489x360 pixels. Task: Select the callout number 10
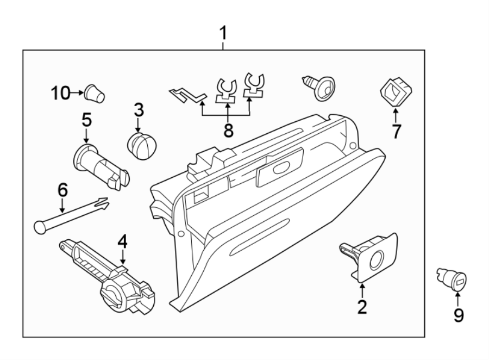pos(61,93)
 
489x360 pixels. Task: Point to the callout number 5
pos(86,120)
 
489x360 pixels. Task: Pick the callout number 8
pos(227,130)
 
